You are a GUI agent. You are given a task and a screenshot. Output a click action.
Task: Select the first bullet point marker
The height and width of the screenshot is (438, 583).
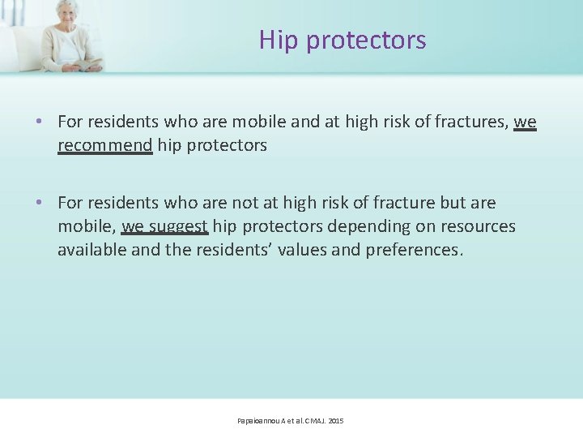tap(40, 122)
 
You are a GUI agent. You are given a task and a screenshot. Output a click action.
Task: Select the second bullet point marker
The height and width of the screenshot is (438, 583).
tap(40, 203)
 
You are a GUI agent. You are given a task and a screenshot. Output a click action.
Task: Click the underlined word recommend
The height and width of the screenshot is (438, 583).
tap(104, 145)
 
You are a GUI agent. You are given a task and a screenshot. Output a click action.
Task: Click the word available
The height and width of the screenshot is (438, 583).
tap(91, 249)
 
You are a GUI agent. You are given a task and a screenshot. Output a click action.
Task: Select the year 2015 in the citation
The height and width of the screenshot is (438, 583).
tap(336, 421)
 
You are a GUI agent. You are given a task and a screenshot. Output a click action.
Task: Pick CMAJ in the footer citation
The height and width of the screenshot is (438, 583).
tap(311, 421)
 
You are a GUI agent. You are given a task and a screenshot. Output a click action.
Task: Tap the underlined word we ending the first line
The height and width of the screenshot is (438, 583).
tap(525, 122)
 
